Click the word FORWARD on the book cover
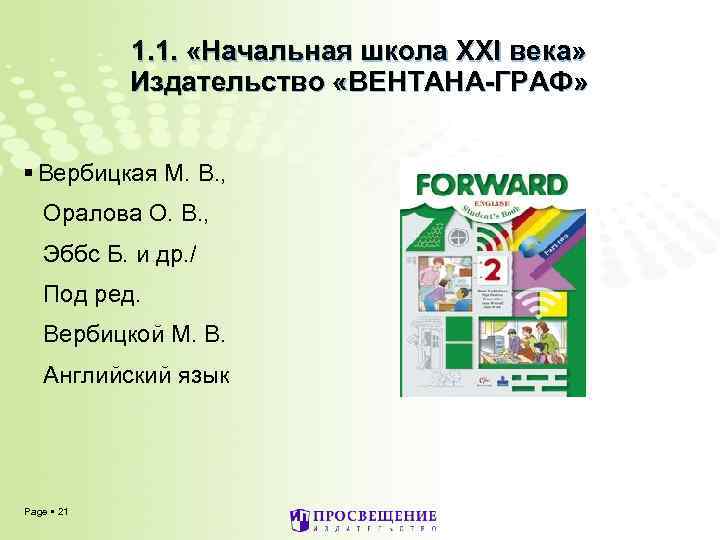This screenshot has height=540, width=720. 491,184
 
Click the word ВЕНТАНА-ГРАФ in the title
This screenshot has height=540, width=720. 483,81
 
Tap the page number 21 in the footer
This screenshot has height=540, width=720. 64,512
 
